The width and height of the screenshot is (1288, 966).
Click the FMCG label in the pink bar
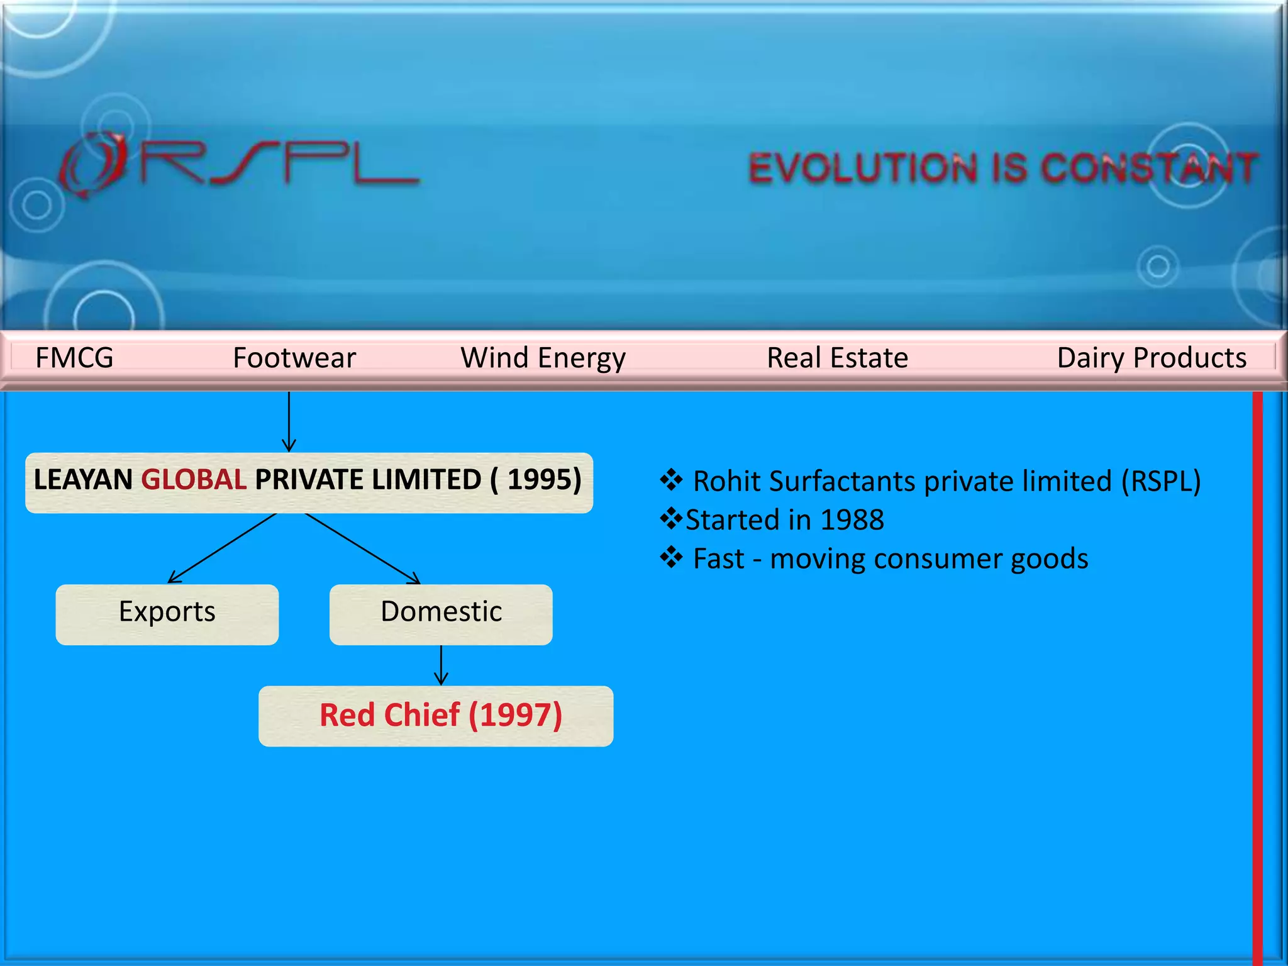pos(74,357)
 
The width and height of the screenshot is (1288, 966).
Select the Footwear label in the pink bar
pos(294,357)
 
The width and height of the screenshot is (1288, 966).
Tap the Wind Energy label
pos(543,357)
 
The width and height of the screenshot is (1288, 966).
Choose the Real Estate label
pos(837,357)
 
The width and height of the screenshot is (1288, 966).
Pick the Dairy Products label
pos(1152,357)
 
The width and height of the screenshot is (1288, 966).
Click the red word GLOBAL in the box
pos(194,480)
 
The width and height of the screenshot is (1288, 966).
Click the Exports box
pos(167,614)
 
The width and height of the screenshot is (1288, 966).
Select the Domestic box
pos(441,614)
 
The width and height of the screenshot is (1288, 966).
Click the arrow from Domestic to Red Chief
pos(441,665)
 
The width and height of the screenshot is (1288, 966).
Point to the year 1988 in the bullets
pos(852,520)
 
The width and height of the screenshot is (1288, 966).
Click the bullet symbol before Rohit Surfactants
pos(671,480)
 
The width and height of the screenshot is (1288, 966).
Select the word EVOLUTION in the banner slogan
pos(863,169)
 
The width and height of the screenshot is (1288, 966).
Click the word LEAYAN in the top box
pos(83,480)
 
